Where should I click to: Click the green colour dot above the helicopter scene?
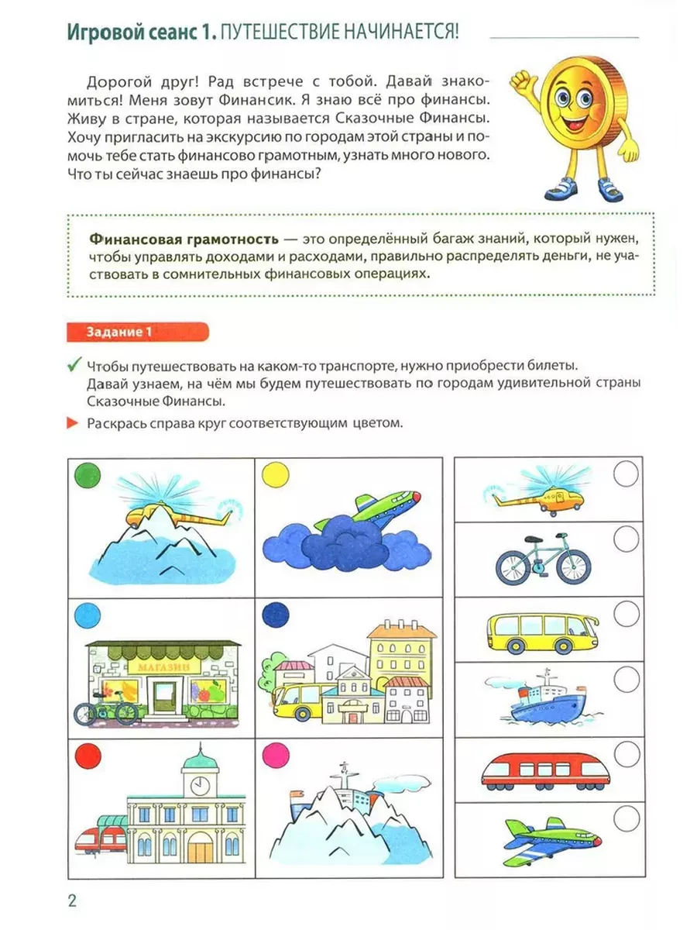coord(87,474)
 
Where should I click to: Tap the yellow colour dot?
coord(275,474)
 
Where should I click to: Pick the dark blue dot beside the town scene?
coord(275,617)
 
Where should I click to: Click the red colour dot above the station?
coord(87,755)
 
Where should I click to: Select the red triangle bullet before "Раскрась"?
coord(73,423)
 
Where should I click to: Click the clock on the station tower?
coord(198,784)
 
